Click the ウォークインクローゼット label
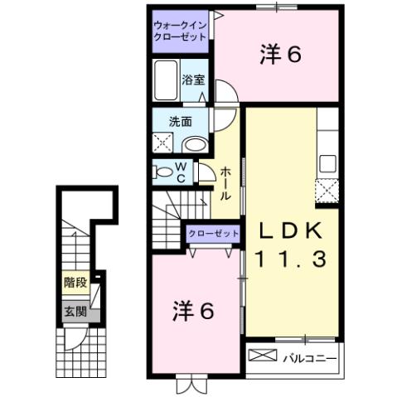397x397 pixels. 180,31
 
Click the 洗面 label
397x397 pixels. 181,121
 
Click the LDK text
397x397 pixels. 291,230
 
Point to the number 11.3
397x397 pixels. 291,257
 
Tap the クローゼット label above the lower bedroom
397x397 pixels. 213,234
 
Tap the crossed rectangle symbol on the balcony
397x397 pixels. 264,357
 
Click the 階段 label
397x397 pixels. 75,283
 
